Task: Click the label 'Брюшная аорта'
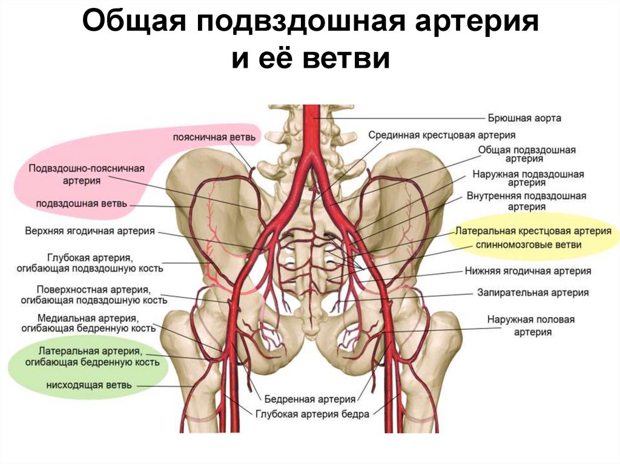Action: (x=524, y=118)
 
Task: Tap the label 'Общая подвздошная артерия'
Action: (x=526, y=154)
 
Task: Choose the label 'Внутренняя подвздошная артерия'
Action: (x=526, y=201)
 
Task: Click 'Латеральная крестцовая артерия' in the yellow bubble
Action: (x=533, y=231)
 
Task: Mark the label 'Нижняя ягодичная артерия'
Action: (x=528, y=272)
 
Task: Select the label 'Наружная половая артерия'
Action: (x=530, y=325)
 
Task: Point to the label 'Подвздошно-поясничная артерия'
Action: (x=84, y=174)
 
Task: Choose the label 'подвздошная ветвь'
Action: (x=81, y=203)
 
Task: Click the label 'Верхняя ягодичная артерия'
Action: (x=90, y=231)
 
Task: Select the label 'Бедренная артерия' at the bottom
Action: (x=309, y=399)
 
